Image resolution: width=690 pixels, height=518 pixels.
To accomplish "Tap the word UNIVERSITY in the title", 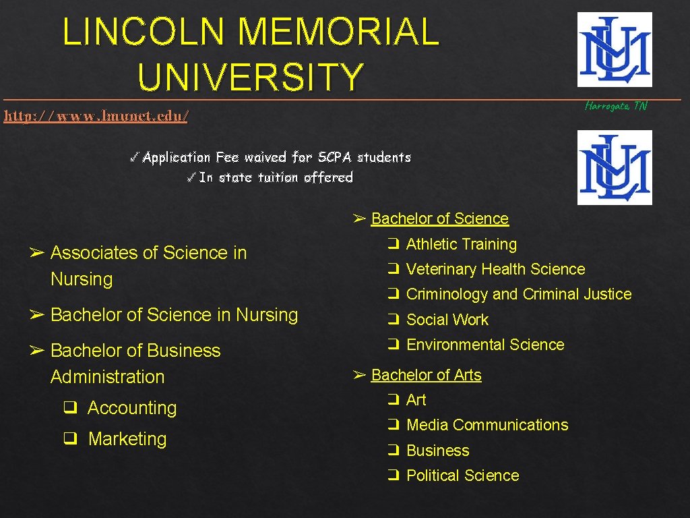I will (x=251, y=76).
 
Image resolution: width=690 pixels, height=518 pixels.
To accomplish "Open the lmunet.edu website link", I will (x=96, y=116).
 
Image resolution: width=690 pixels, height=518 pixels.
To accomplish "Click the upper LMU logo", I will (x=615, y=49).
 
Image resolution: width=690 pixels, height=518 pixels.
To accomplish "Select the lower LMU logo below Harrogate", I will (x=615, y=167).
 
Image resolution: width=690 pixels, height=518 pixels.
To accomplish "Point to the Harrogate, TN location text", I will (x=616, y=106).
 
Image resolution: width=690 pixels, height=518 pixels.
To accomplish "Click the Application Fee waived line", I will (x=276, y=157).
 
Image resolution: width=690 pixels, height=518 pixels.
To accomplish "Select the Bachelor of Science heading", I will (x=439, y=219).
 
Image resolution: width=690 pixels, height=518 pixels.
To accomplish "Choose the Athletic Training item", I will (x=461, y=244).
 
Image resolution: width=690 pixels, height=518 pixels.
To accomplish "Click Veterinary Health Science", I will (x=495, y=269).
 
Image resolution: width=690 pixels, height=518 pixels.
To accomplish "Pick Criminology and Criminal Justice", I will (x=519, y=294).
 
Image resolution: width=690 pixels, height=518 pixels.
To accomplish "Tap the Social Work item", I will (x=447, y=320).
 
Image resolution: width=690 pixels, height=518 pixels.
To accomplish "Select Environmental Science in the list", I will (x=485, y=345).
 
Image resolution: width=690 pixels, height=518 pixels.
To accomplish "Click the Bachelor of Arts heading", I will (x=426, y=375).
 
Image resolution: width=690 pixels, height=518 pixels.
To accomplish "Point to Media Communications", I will (x=487, y=425).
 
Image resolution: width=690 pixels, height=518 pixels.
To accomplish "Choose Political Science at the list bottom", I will (x=462, y=476).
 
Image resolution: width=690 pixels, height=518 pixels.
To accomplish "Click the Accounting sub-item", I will (x=131, y=408).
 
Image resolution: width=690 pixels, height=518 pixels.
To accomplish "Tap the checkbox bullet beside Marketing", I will (x=69, y=439).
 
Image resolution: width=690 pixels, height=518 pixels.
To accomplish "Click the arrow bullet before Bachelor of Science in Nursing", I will (x=37, y=315).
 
